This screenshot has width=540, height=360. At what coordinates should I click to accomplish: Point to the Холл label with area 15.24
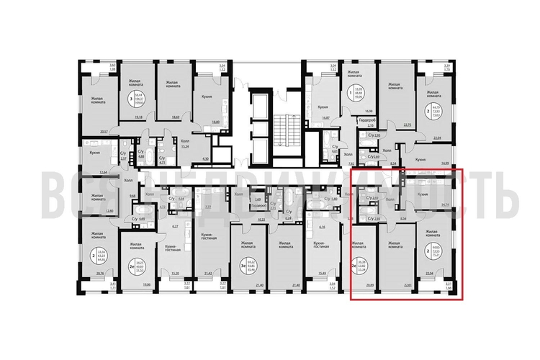coord(184,143)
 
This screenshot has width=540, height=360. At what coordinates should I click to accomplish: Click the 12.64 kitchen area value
coord(102,172)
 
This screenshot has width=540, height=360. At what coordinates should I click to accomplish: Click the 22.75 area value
coord(408,124)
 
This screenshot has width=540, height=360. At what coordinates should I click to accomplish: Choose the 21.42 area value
coord(209,274)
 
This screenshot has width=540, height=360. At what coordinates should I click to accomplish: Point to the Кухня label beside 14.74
coord(426,194)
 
